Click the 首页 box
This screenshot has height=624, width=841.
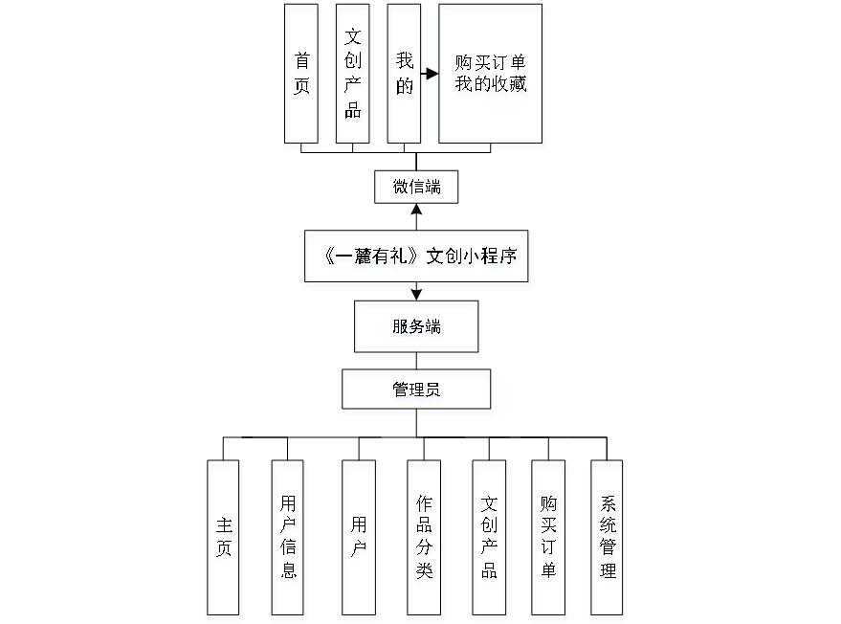302,77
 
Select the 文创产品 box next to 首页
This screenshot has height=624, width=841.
354,77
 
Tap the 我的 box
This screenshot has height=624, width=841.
406,77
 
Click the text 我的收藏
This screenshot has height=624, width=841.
492,87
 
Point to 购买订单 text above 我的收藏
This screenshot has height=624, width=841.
492,64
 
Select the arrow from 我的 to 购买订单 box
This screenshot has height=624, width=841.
430,74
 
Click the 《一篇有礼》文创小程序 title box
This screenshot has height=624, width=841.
417,259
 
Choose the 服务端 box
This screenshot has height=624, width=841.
417,329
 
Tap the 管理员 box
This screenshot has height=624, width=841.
417,391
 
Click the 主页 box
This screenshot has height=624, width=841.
225,541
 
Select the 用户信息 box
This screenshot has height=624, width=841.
289,541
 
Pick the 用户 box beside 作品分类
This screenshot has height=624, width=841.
359,541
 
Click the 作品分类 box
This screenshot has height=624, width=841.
425,541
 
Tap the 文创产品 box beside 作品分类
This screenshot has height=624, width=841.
490,541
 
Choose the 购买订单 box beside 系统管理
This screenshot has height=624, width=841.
548,541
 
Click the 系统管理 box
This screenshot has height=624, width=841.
608,541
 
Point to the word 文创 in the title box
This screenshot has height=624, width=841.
443,259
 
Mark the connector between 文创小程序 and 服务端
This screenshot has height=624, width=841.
417,295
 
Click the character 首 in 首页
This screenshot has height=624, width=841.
302,63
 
